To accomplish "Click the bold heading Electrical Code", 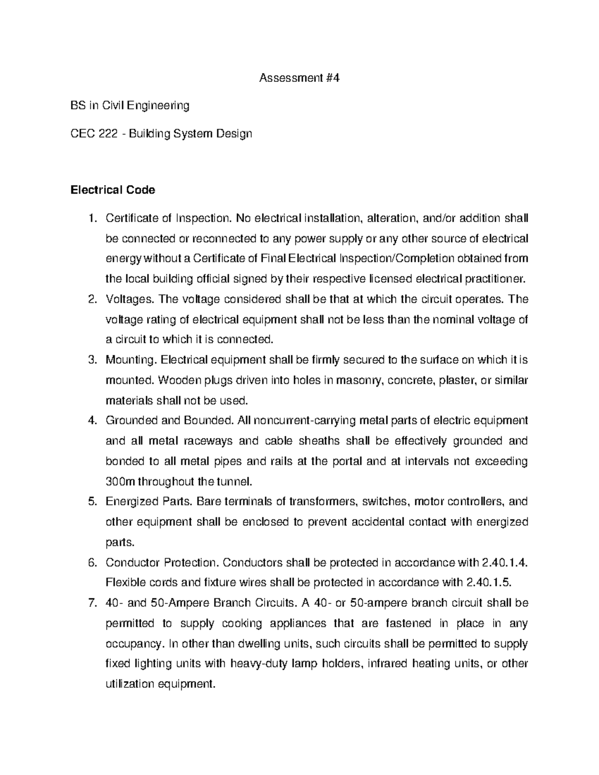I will click(x=113, y=190).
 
